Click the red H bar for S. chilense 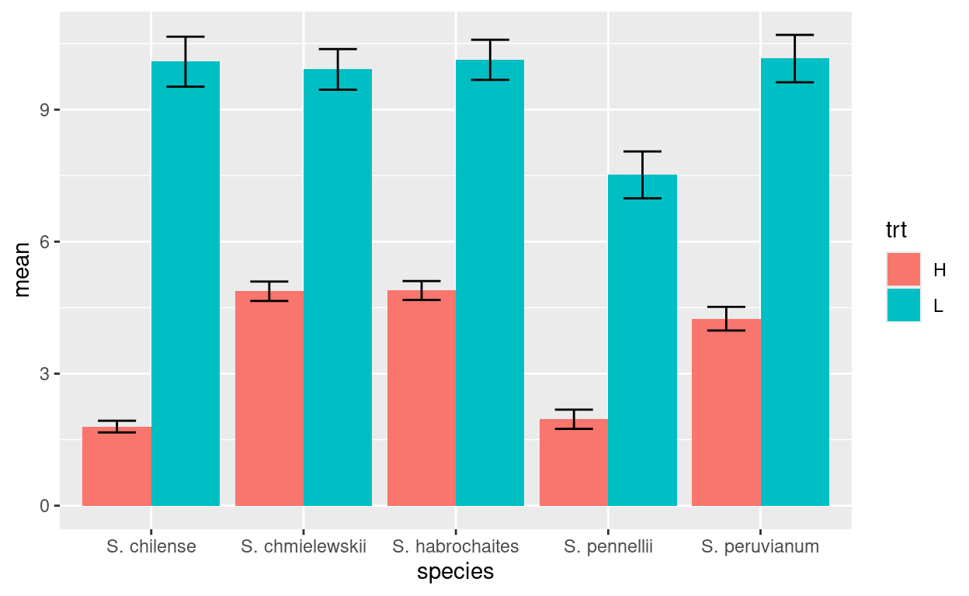(116, 466)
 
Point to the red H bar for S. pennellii (573, 463)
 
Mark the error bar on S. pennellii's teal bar (642, 175)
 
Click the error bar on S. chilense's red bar (116, 426)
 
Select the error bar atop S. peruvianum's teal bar (795, 58)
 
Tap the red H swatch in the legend (903, 269)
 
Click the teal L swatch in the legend (903, 305)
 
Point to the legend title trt (897, 230)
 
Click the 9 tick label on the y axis (45, 110)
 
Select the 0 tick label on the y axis (45, 506)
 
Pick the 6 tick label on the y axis (45, 242)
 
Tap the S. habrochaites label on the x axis (456, 546)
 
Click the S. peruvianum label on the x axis (760, 546)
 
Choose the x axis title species (455, 573)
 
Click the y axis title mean (23, 269)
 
